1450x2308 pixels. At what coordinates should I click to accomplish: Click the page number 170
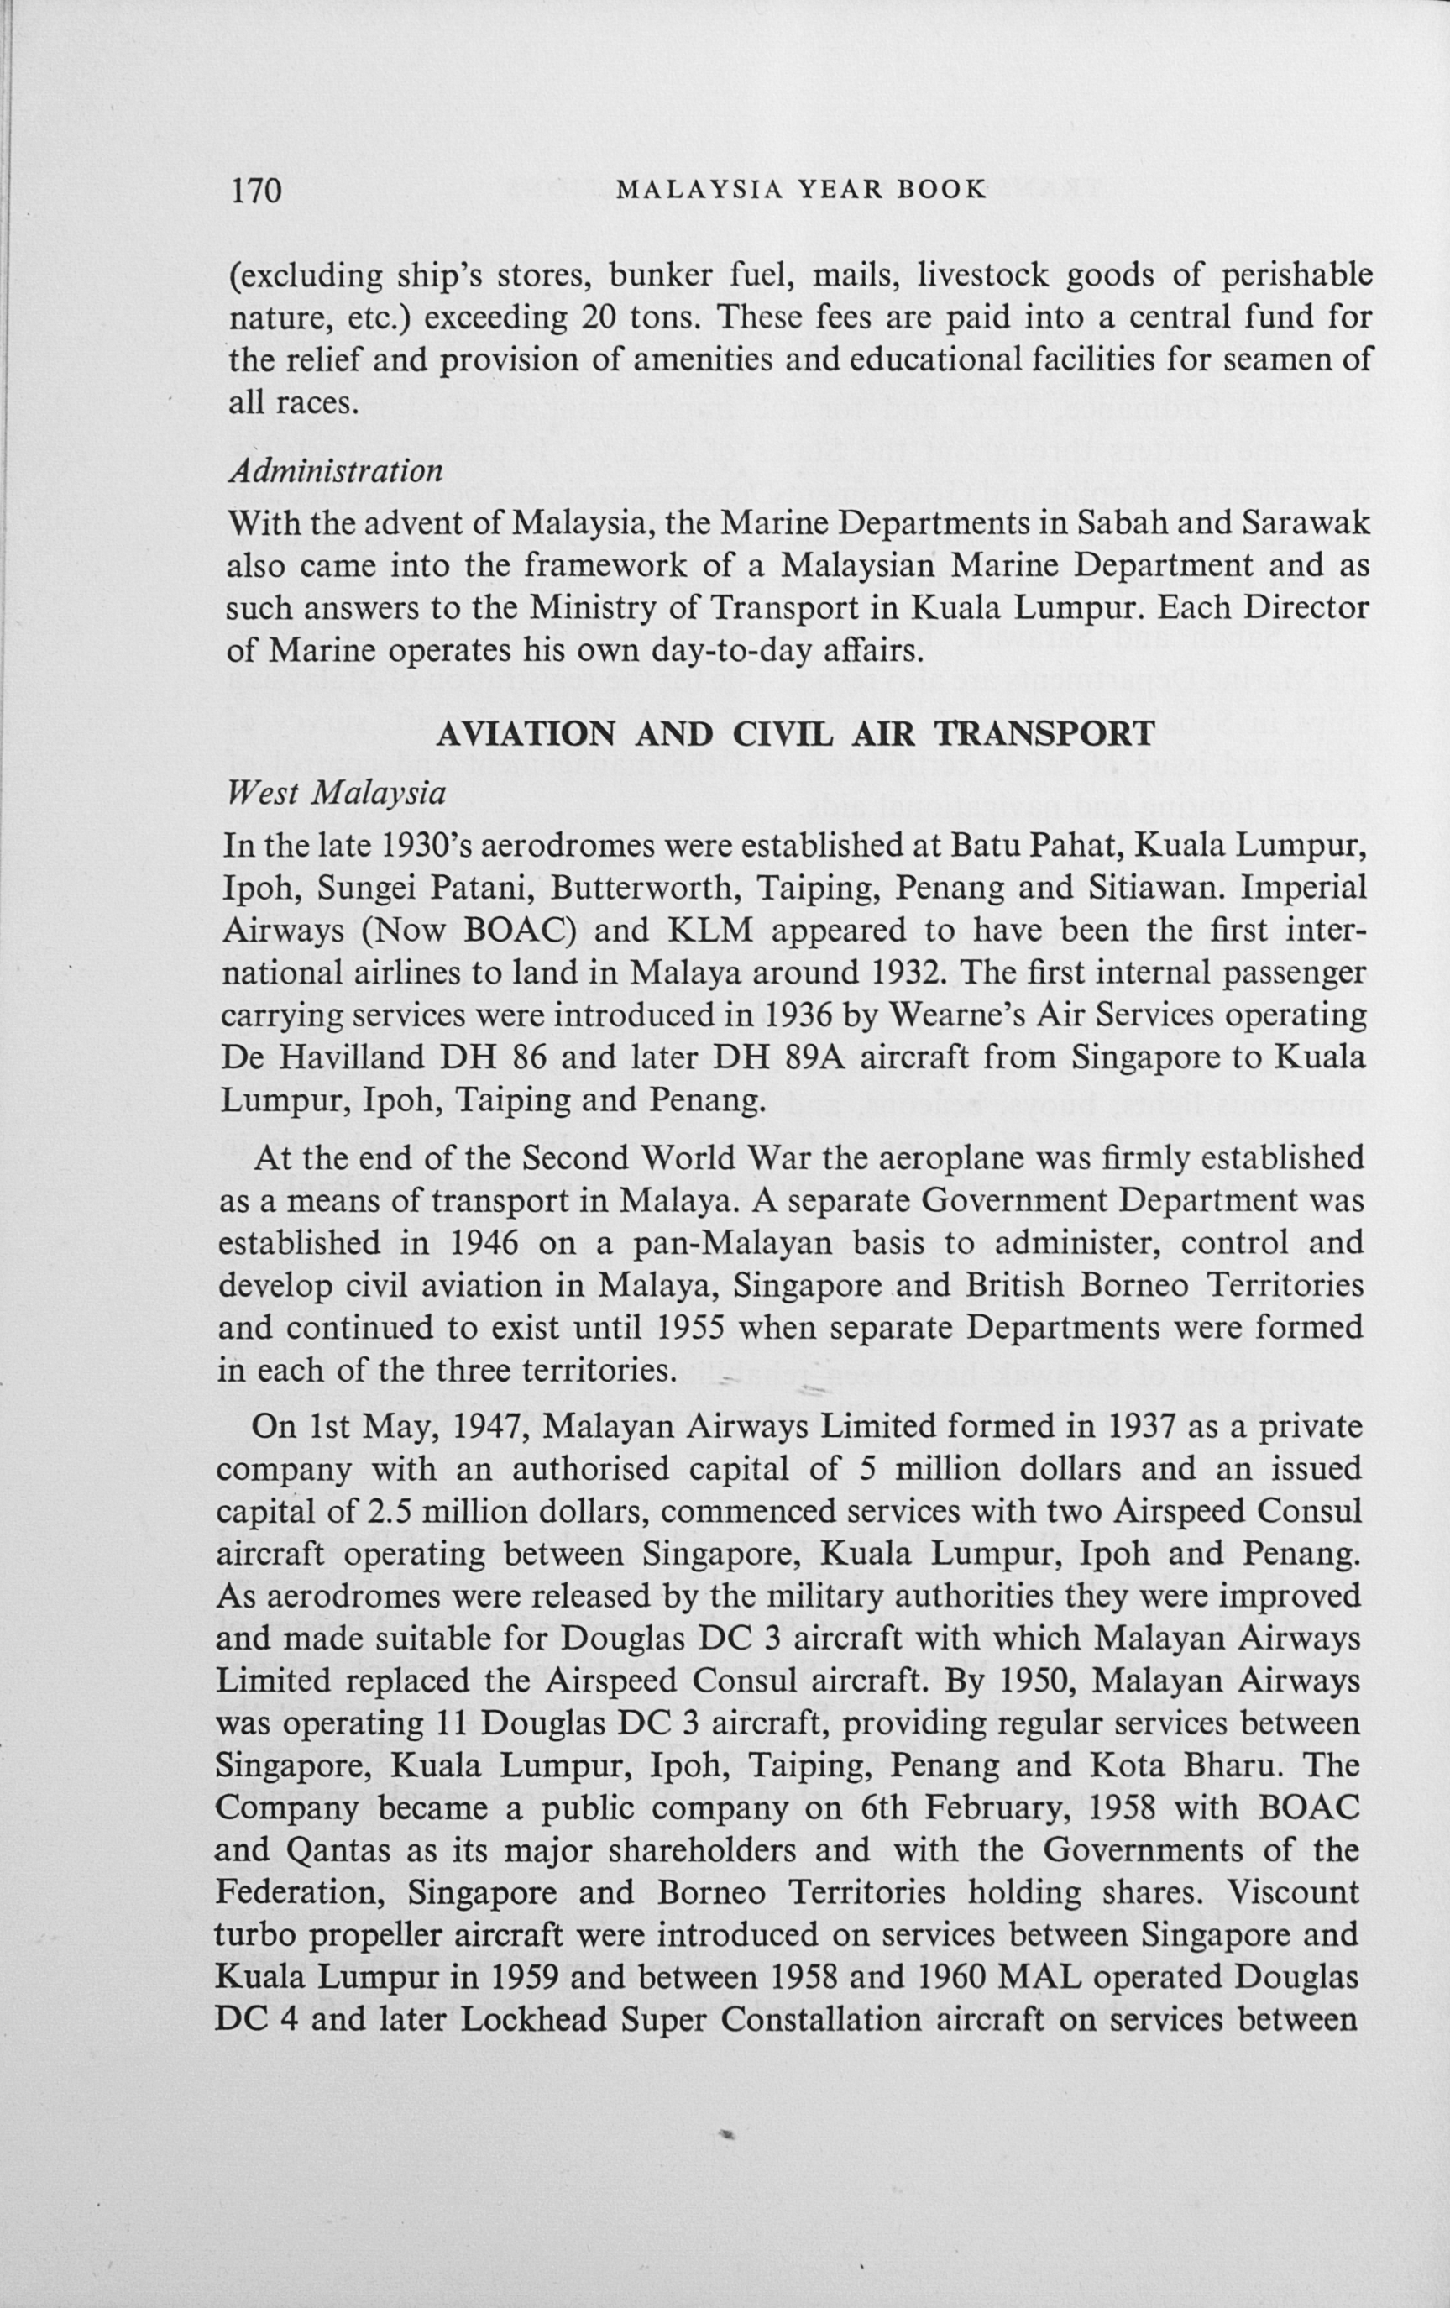pyautogui.click(x=255, y=190)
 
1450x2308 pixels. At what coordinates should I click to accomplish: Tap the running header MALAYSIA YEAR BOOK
pyautogui.click(x=800, y=189)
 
